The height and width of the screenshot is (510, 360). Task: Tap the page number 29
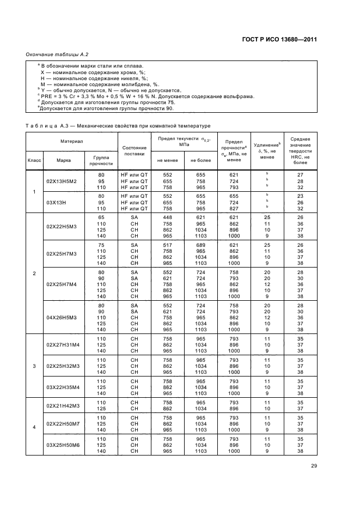point(314,465)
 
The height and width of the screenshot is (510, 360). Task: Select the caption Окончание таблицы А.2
point(57,54)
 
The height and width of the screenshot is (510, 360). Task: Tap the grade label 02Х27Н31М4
point(62,344)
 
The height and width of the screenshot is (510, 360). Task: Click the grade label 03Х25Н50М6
point(62,445)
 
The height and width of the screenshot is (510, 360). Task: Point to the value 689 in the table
point(200,246)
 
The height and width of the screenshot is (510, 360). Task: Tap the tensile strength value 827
point(234,208)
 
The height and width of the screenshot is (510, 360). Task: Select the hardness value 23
point(300,195)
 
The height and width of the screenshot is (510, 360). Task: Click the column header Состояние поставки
point(134,150)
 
